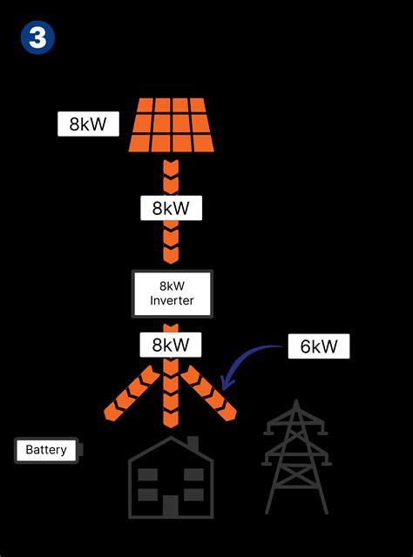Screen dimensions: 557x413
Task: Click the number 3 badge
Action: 37,37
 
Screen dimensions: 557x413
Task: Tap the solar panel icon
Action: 172,124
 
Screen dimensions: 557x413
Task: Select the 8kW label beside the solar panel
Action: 87,124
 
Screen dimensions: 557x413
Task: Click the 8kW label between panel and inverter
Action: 171,208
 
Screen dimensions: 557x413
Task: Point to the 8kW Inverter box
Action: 172,293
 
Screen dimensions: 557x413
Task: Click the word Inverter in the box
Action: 172,301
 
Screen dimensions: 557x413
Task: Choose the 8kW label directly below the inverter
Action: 171,345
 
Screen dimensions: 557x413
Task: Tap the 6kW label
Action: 319,346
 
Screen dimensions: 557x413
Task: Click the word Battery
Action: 46,450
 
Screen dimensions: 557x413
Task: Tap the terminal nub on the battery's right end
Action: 80,450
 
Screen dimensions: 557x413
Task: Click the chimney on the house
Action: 193,444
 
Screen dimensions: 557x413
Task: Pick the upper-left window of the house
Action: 147,475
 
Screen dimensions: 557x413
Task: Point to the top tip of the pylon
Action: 296,402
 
